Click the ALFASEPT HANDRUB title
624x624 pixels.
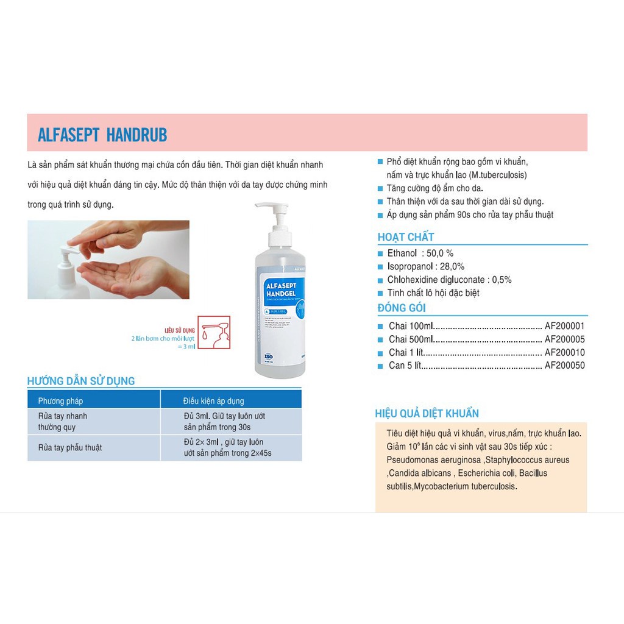pyautogui.click(x=102, y=135)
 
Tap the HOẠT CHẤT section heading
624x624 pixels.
pyautogui.click(x=406, y=237)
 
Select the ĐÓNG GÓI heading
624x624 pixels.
pyautogui.click(x=402, y=308)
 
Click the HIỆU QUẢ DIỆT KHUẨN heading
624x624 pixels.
pyautogui.click(x=427, y=414)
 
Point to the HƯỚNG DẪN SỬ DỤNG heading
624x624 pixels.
pyautogui.click(x=81, y=381)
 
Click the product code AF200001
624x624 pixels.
pyautogui.click(x=564, y=326)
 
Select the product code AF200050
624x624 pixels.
pyautogui.click(x=564, y=366)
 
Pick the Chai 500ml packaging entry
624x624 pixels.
pyautogui.click(x=411, y=339)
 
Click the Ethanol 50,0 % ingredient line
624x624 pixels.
pyautogui.click(x=420, y=253)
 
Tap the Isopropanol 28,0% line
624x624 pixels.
pyautogui.click(x=425, y=266)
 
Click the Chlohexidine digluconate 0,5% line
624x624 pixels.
pyautogui.click(x=449, y=280)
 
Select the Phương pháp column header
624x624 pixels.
pyautogui.click(x=60, y=401)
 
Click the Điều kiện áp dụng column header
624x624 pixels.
pyautogui.click(x=213, y=401)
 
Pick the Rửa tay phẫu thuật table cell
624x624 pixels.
pyautogui.click(x=70, y=447)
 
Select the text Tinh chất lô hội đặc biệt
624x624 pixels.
pyautogui.click(x=433, y=293)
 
